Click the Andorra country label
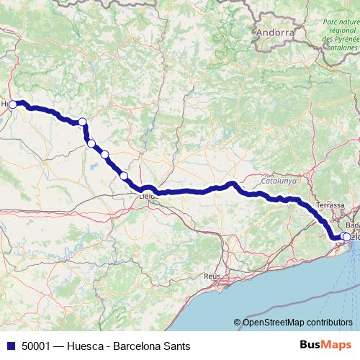275,33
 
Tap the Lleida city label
148,195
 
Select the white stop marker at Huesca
13,104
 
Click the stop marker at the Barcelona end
346,237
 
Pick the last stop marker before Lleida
124,176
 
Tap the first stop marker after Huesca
82,122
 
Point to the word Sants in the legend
176,346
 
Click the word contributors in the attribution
329,322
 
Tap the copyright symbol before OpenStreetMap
238,322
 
